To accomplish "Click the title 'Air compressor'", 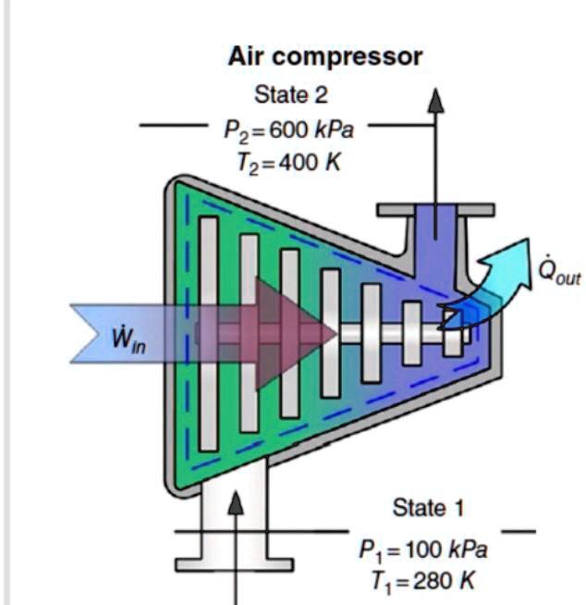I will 325,56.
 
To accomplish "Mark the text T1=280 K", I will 423,581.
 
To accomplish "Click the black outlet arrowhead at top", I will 434,99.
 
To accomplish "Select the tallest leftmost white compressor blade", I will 208,333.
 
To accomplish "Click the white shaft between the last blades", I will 432,331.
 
